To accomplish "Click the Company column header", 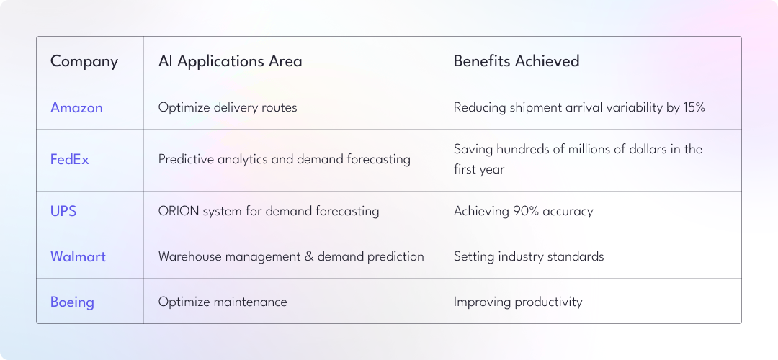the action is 84,61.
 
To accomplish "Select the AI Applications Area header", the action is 231,61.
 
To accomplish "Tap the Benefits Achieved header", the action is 517,60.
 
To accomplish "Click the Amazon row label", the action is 76,107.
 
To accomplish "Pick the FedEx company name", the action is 69,160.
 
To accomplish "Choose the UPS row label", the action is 63,211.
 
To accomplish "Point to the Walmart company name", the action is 78,256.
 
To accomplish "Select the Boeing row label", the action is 72,302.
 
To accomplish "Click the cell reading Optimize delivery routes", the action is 228,107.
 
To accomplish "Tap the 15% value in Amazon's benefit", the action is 694,107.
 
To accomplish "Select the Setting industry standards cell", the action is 529,256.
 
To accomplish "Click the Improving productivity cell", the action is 518,302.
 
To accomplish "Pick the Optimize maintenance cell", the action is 223,302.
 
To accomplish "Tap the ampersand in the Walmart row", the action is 308,256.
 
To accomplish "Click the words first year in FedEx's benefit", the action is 479,170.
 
